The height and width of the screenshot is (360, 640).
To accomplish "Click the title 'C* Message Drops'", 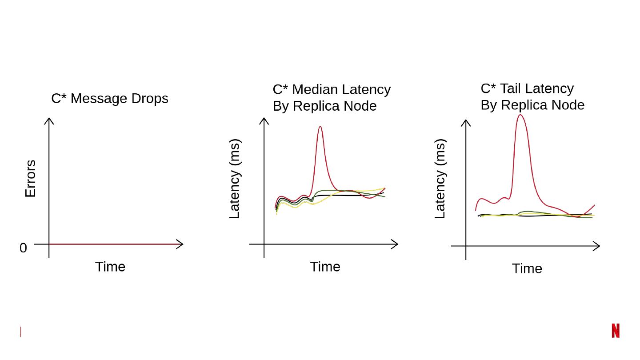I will (x=110, y=98).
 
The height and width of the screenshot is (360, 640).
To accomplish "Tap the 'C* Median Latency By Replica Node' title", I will (x=332, y=97).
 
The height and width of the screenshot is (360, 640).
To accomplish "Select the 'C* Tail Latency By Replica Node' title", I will (x=532, y=96).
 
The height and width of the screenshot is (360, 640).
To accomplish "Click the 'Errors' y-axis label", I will (x=30, y=179).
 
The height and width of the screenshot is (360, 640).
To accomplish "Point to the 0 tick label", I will (x=23, y=248).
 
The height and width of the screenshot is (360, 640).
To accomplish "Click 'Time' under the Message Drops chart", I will (x=110, y=267).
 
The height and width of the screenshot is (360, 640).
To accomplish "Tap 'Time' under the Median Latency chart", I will (x=325, y=267).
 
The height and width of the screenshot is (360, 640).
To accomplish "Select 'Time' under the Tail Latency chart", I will (x=527, y=268).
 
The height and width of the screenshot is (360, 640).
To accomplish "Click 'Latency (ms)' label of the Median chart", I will (x=234, y=179).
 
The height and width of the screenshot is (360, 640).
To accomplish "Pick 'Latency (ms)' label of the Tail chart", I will (x=440, y=179).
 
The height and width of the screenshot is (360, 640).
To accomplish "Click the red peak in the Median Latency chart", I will (x=320, y=127).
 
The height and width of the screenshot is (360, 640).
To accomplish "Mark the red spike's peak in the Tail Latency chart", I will (x=520, y=116).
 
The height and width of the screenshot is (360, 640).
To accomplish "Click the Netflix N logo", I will (x=616, y=331).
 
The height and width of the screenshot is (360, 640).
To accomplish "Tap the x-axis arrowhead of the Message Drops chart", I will (x=180, y=244).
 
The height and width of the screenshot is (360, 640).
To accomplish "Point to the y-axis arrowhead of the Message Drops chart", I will (x=49, y=120).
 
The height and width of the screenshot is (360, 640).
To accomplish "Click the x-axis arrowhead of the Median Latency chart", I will (x=395, y=244).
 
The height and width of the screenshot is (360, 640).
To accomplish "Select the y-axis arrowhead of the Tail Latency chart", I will (x=466, y=122).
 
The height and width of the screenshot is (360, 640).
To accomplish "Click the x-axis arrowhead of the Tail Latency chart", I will (x=597, y=246).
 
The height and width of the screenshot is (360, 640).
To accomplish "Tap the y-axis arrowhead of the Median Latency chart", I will (x=264, y=120).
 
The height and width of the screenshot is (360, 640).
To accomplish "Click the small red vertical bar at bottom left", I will (x=20, y=332).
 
